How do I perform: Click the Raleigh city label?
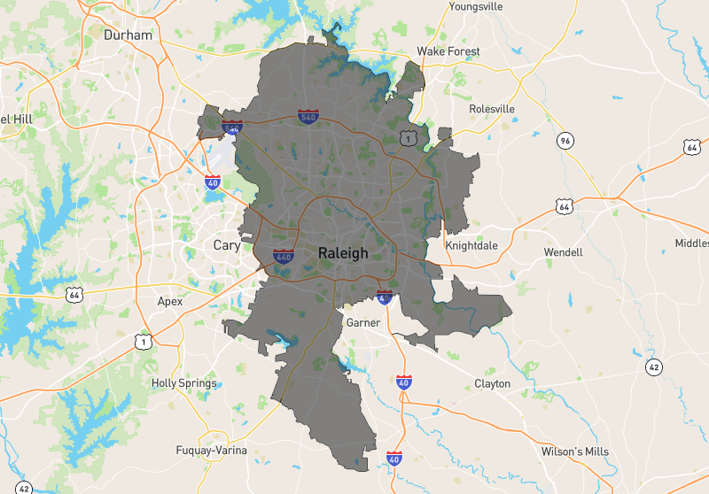[x=342, y=253]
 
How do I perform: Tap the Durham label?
[x=128, y=35]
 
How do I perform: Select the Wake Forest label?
[x=448, y=51]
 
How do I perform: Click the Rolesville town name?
[x=491, y=109]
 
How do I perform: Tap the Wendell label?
[x=564, y=252]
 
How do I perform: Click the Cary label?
[x=227, y=245]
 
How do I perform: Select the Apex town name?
[x=169, y=301]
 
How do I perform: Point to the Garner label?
[x=363, y=322]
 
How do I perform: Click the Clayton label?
[x=492, y=383]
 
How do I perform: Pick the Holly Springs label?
[x=183, y=383]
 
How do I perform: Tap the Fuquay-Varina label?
[x=211, y=450]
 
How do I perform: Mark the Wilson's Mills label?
[x=575, y=452]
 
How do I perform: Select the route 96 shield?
[x=565, y=140]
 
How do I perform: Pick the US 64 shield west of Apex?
[x=74, y=293]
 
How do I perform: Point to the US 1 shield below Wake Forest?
[x=408, y=137]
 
